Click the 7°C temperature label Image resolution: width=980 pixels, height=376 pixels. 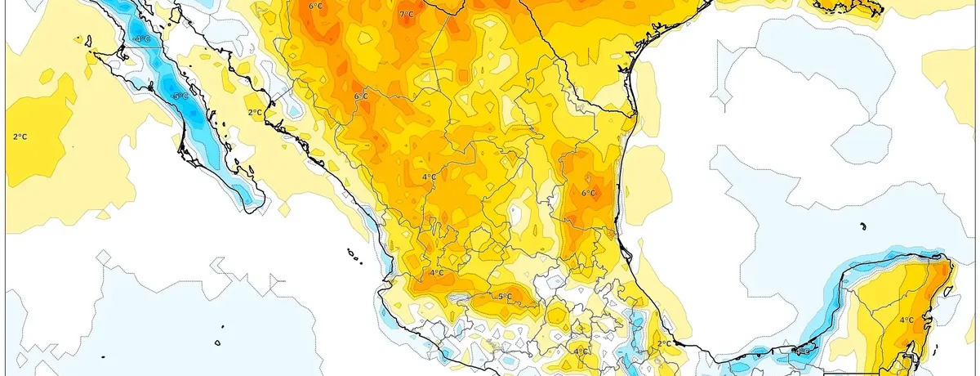[x=406, y=15]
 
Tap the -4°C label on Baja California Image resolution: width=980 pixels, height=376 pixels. [x=141, y=38]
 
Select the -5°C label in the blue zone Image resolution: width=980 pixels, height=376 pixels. [x=180, y=96]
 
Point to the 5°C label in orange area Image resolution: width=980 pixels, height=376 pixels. [x=505, y=296]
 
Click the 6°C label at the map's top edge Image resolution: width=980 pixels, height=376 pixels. [x=315, y=7]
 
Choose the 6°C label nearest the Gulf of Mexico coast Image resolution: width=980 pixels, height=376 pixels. [x=588, y=194]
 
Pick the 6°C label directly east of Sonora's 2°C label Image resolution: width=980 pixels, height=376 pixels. [x=361, y=96]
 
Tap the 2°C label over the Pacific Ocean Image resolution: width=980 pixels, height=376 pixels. [x=20, y=136]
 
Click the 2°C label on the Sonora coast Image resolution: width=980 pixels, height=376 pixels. [x=255, y=113]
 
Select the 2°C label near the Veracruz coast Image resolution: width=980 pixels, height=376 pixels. [x=663, y=344]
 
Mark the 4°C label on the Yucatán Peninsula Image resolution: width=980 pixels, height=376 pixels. [x=906, y=320]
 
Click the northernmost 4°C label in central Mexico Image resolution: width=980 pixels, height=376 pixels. [x=429, y=177]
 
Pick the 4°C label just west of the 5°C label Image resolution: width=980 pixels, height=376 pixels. [x=436, y=273]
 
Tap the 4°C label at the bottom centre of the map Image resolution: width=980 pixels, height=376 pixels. [x=580, y=352]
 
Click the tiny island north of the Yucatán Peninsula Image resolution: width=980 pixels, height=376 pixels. [x=863, y=226]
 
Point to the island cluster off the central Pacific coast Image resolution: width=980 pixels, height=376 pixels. [x=354, y=257]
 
